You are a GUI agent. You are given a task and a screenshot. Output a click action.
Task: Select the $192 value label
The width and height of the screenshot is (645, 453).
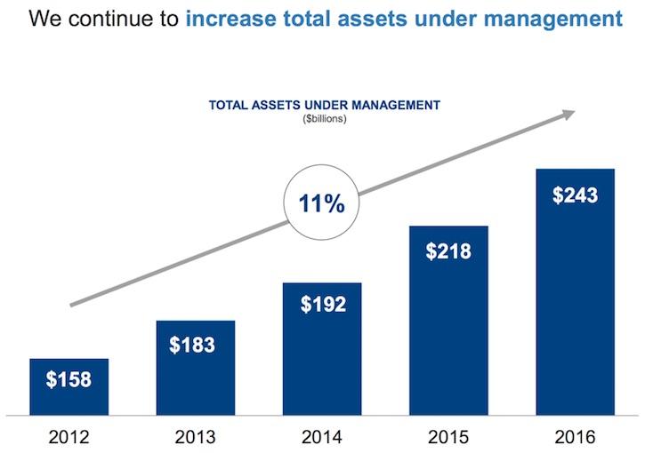(x=321, y=305)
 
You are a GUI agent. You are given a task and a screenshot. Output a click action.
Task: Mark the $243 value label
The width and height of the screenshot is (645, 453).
(x=575, y=195)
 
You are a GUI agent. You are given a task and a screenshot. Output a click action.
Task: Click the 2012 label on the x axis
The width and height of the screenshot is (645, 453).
(x=69, y=437)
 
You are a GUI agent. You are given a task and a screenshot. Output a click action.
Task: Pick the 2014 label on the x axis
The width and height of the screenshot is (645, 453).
(x=321, y=437)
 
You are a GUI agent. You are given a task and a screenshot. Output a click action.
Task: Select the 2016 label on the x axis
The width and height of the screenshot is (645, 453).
(x=575, y=437)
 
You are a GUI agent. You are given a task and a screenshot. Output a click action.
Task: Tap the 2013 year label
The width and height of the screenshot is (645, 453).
(x=195, y=437)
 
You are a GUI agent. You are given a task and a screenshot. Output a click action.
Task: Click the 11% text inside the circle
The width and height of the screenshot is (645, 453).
(x=321, y=203)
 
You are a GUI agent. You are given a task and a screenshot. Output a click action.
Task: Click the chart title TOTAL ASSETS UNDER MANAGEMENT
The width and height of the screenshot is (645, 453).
(x=324, y=105)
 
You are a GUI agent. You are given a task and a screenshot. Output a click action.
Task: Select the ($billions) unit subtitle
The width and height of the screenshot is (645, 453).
(x=324, y=118)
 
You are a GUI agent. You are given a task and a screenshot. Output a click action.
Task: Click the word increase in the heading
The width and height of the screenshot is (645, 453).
(x=231, y=19)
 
